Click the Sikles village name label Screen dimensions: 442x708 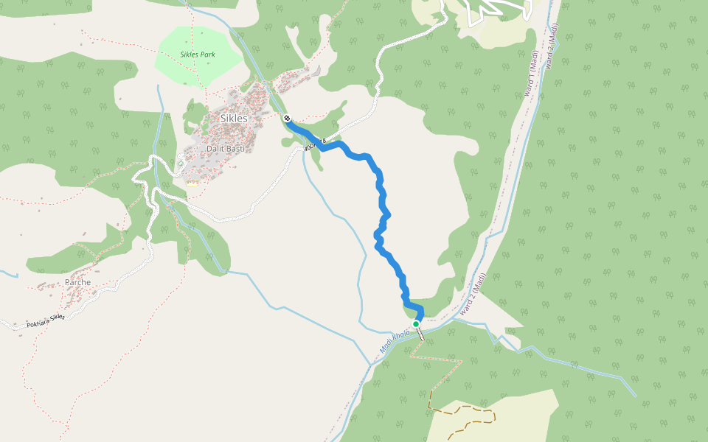coord(234,118)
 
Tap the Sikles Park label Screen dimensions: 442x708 coord(198,55)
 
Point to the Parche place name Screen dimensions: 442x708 coord(77,282)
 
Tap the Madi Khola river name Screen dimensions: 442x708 coord(395,340)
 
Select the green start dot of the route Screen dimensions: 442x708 coord(416,323)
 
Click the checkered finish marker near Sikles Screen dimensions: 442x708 coord(286,119)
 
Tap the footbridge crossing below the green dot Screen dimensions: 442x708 coord(420,333)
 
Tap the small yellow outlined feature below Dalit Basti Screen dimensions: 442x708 coord(192,183)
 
